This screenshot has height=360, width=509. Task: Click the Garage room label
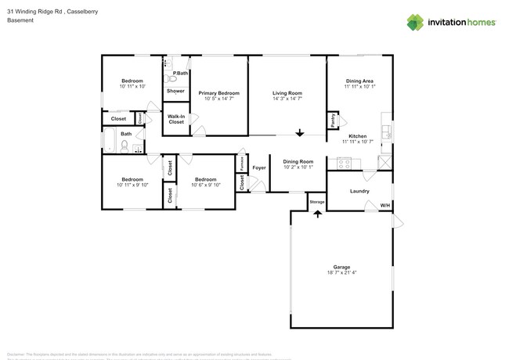[x=341, y=267]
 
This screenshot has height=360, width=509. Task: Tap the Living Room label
[x=287, y=93]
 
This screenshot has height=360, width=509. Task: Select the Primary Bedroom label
[x=218, y=93]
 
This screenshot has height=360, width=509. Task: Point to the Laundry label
[x=359, y=191]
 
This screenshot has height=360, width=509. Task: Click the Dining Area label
[x=359, y=81]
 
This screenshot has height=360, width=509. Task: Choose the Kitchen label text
[x=357, y=136]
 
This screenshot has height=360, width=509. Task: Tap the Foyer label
[x=259, y=167]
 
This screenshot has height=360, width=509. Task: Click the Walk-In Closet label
[x=176, y=120]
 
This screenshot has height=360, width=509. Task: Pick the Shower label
[x=175, y=91]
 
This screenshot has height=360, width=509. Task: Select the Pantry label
[x=332, y=122]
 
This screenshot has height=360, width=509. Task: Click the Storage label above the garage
[x=316, y=202]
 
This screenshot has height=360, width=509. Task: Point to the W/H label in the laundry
[x=384, y=206]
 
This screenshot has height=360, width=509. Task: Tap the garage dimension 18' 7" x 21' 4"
[x=341, y=273]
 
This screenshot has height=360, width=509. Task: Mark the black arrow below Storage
[x=317, y=213]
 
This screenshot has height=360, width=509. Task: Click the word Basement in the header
[x=20, y=20]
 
